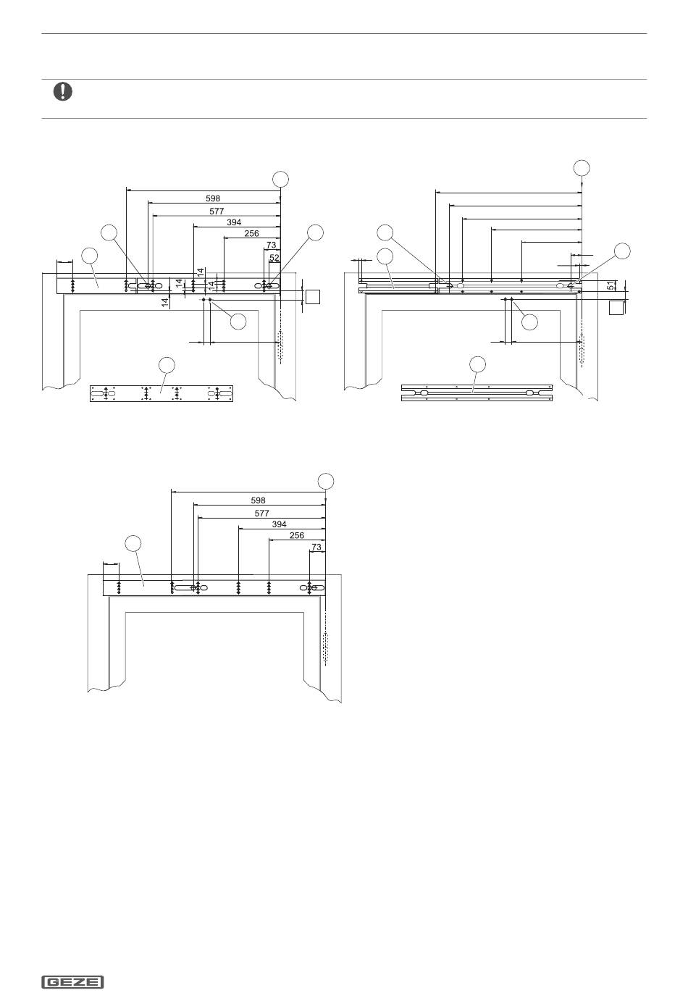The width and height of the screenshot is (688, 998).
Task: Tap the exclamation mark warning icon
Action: (62, 91)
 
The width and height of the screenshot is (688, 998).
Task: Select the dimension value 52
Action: (274, 258)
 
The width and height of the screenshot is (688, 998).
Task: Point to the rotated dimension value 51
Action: (610, 285)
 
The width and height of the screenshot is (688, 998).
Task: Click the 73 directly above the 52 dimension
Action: (271, 245)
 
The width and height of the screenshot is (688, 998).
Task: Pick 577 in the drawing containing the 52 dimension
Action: (217, 211)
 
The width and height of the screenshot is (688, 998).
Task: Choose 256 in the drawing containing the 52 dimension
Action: (251, 233)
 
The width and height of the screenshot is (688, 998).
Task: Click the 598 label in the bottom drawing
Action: (258, 500)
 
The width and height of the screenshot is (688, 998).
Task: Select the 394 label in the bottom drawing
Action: (279, 524)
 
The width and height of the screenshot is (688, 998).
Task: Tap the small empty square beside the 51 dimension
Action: (616, 307)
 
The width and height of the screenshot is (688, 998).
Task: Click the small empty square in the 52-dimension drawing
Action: (312, 297)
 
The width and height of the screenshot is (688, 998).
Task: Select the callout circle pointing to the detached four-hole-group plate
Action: (167, 364)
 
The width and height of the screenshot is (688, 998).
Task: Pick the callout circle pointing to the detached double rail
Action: (478, 364)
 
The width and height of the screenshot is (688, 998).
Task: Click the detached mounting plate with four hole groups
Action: (161, 393)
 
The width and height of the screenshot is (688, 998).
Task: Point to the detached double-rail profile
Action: (477, 393)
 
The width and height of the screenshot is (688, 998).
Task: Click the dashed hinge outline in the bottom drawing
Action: (325, 647)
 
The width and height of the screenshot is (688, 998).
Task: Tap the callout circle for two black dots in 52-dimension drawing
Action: (238, 322)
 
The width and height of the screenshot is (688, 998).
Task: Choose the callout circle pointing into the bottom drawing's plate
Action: (133, 544)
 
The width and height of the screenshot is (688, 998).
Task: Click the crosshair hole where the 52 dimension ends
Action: (269, 285)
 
